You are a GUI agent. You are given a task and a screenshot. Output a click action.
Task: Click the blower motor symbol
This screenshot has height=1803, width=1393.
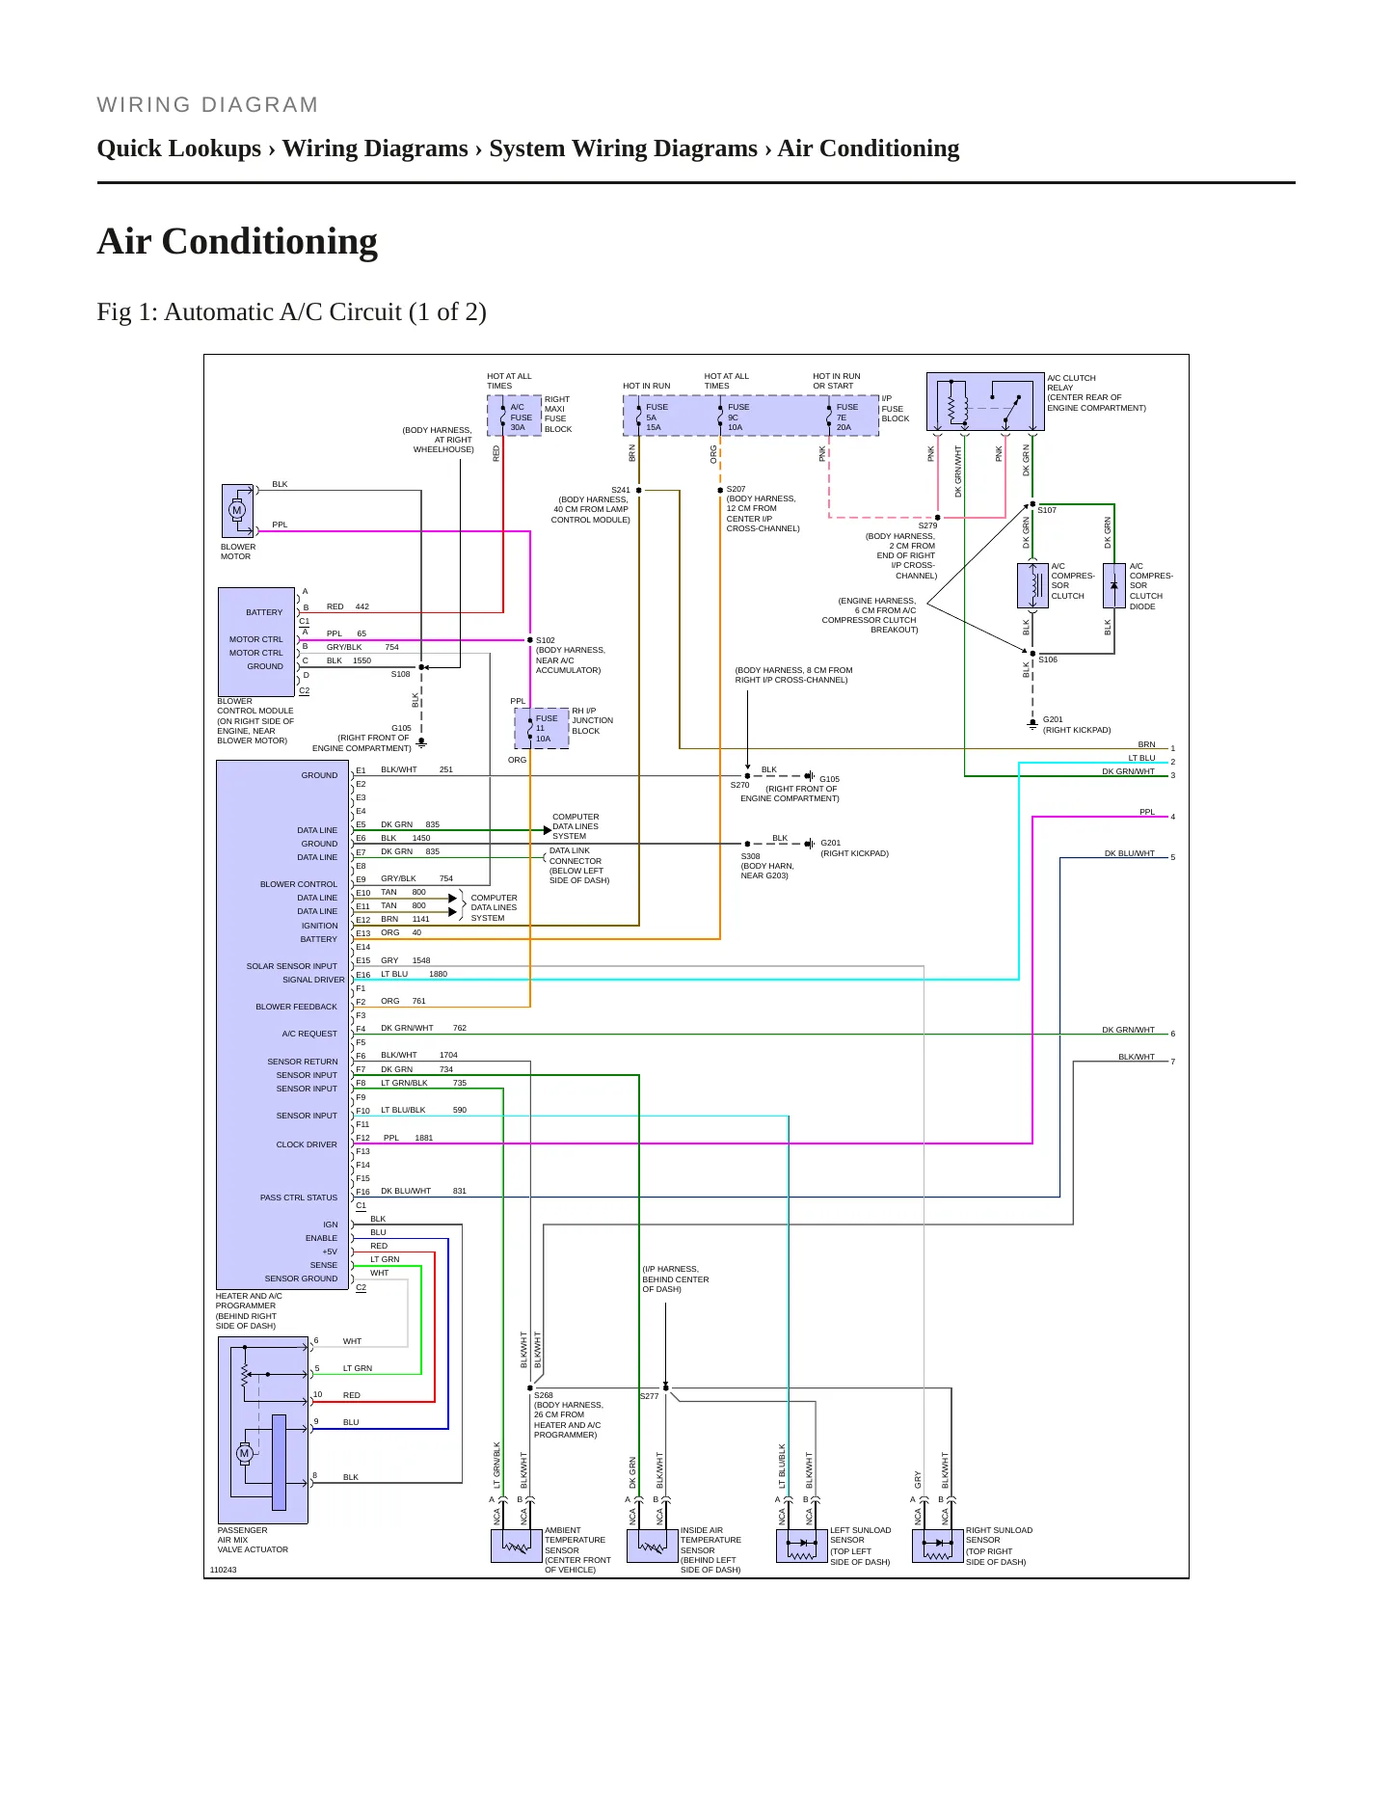(x=237, y=510)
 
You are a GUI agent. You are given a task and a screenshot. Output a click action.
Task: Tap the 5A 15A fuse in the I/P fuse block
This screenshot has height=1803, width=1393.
(x=652, y=417)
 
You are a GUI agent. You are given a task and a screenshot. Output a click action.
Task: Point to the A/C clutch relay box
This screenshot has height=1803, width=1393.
(x=985, y=401)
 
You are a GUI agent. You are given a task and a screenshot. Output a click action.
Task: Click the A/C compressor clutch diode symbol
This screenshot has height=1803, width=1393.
(x=1113, y=585)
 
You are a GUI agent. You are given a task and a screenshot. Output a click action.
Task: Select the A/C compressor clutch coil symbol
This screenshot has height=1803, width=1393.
(x=1032, y=585)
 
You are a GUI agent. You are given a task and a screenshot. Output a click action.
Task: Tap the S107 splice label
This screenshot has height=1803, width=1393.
(x=1047, y=510)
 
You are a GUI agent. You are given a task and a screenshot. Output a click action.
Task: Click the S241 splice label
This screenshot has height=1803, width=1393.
(x=620, y=490)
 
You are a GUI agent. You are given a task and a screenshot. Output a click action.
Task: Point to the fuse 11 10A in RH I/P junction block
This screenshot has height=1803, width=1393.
(x=542, y=728)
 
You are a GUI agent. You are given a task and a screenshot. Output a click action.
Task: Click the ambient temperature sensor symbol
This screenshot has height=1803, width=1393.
(x=517, y=1546)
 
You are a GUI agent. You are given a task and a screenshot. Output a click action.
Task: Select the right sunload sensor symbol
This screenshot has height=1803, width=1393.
(x=938, y=1546)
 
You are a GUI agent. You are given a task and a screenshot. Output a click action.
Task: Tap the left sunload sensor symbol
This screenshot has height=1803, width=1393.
(x=802, y=1546)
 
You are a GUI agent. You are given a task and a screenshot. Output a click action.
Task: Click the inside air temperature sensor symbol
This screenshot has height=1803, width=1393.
(x=653, y=1546)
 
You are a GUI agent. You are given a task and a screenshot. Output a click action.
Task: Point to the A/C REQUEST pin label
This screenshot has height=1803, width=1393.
(x=309, y=1034)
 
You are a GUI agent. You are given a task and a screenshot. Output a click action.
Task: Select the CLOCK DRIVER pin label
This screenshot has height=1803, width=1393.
(x=307, y=1144)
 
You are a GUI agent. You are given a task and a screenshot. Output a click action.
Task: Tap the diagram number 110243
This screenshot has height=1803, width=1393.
(x=223, y=1570)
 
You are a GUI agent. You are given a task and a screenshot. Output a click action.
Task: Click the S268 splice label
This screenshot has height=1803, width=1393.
(x=544, y=1395)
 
